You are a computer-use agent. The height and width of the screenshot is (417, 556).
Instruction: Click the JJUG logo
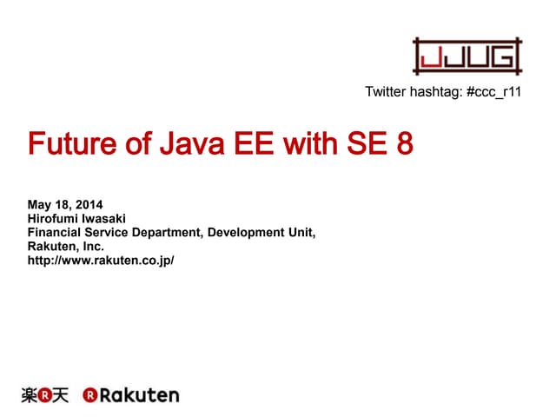coord(467,56)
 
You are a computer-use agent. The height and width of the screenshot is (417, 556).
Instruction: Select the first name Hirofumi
coord(57,219)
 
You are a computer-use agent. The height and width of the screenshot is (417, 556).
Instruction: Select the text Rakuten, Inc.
coord(66,247)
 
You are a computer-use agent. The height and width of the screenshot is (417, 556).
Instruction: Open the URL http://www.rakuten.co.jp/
coord(101,261)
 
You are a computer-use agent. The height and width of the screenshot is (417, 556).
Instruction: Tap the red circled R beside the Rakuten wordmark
coord(89,395)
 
